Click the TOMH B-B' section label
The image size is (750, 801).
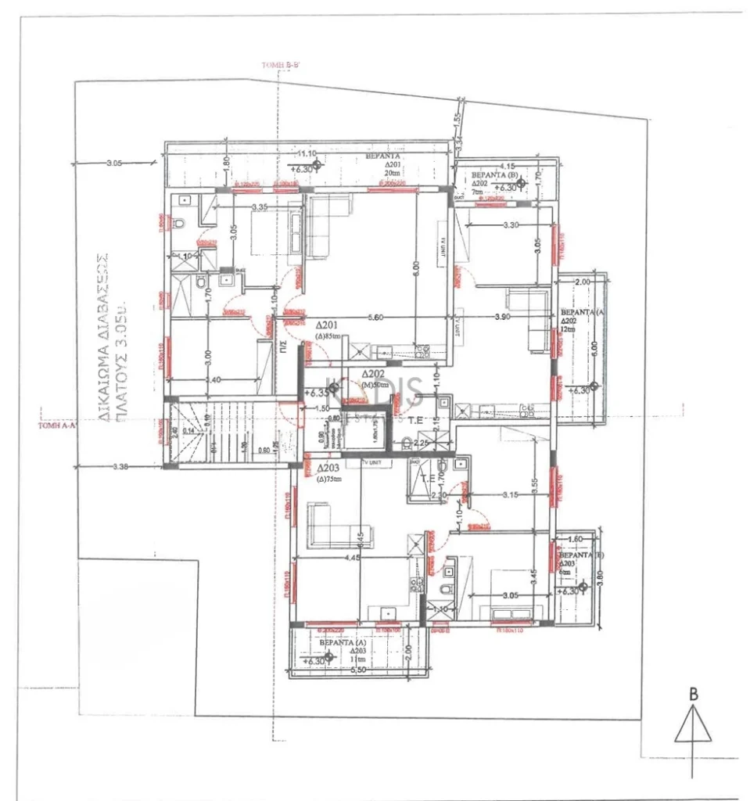[x=282, y=65]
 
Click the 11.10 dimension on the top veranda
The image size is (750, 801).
[x=304, y=153]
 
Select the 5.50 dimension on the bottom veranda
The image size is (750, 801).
[x=359, y=670]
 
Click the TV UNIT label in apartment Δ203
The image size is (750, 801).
[x=373, y=463]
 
